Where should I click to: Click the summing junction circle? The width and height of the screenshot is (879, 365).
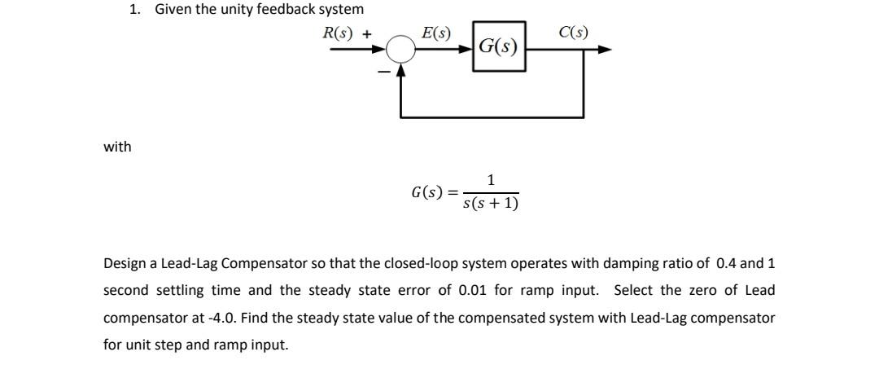point(400,51)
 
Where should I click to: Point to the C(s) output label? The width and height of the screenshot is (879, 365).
point(574,33)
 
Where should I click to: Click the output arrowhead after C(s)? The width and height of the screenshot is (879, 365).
point(604,50)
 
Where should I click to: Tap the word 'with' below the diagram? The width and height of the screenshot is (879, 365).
point(117,147)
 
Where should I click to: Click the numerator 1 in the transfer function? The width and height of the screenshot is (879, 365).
point(490,180)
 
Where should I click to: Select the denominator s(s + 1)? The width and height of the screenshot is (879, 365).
point(490,202)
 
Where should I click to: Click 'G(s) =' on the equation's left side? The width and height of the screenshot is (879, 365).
point(435,192)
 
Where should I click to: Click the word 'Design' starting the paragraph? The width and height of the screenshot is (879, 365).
point(125,263)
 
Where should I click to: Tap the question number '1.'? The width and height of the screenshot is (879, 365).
point(135,9)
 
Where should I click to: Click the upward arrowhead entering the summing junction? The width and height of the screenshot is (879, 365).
point(400,69)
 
